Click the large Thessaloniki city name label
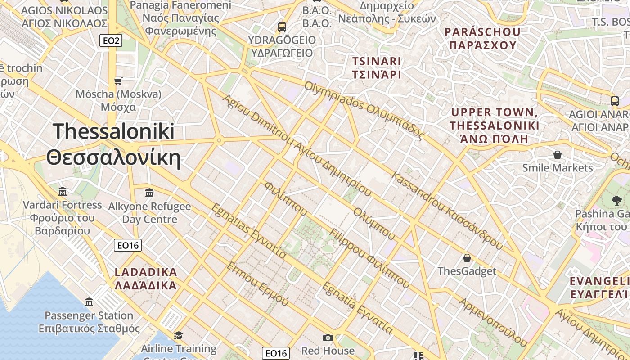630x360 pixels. [x=113, y=144]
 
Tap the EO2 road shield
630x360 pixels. [x=111, y=41]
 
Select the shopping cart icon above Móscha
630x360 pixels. [x=118, y=81]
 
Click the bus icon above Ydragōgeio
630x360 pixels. [x=282, y=27]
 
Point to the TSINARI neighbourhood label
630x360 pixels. [x=377, y=67]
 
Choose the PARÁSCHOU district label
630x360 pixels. [x=482, y=38]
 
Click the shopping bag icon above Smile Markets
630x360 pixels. [x=558, y=155]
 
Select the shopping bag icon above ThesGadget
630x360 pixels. [x=467, y=258]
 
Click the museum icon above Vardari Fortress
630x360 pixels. [x=63, y=192]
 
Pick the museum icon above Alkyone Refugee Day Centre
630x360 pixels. [x=149, y=193]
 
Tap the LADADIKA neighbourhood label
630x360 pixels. [x=146, y=279]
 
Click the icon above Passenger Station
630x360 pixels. [x=89, y=302]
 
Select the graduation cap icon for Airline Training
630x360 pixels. [x=179, y=335]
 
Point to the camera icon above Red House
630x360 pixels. [x=328, y=337]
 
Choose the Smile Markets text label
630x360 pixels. [x=558, y=168]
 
